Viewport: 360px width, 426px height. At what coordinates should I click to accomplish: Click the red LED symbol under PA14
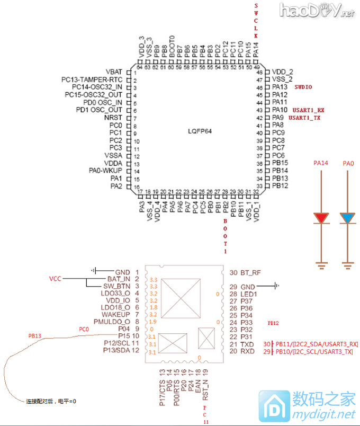[x=321, y=218]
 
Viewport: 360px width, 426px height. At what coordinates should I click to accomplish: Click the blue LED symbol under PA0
[x=348, y=218]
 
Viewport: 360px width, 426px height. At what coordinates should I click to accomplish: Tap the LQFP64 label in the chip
[x=200, y=131]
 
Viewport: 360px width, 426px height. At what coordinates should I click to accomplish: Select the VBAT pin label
[x=114, y=72]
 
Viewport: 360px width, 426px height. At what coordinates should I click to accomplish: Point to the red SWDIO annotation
[x=303, y=86]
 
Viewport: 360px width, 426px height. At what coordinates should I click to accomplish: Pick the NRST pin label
[x=114, y=118]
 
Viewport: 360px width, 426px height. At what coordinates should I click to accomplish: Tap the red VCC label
[x=56, y=279]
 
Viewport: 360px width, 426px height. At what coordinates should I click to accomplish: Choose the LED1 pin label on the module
[x=249, y=294]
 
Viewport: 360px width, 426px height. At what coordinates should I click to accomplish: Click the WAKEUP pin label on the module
[x=116, y=315]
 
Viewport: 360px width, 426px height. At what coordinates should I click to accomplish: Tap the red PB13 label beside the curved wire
[x=35, y=336]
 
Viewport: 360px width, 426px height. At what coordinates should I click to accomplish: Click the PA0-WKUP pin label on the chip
[x=106, y=171]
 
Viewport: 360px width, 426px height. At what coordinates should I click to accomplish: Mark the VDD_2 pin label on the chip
[x=282, y=72]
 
